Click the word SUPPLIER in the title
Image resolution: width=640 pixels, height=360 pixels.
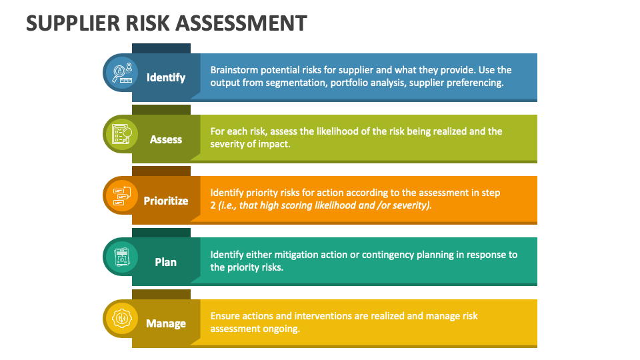(73, 23)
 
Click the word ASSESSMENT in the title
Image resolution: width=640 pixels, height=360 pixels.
(242, 23)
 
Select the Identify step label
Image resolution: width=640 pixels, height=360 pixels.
(166, 77)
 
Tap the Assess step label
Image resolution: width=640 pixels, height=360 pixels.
(166, 139)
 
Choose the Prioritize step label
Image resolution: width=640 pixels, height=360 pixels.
(166, 201)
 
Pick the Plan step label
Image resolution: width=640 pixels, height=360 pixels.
(166, 262)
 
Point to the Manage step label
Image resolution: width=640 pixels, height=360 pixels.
(166, 323)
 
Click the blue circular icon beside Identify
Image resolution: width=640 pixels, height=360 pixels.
(122, 73)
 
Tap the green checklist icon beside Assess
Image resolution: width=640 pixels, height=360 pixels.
(122, 134)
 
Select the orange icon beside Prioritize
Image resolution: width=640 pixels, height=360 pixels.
(122, 195)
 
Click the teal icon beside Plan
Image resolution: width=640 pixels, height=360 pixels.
(122, 257)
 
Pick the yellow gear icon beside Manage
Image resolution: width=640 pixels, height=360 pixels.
(122, 319)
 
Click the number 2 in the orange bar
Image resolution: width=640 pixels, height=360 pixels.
(213, 205)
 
